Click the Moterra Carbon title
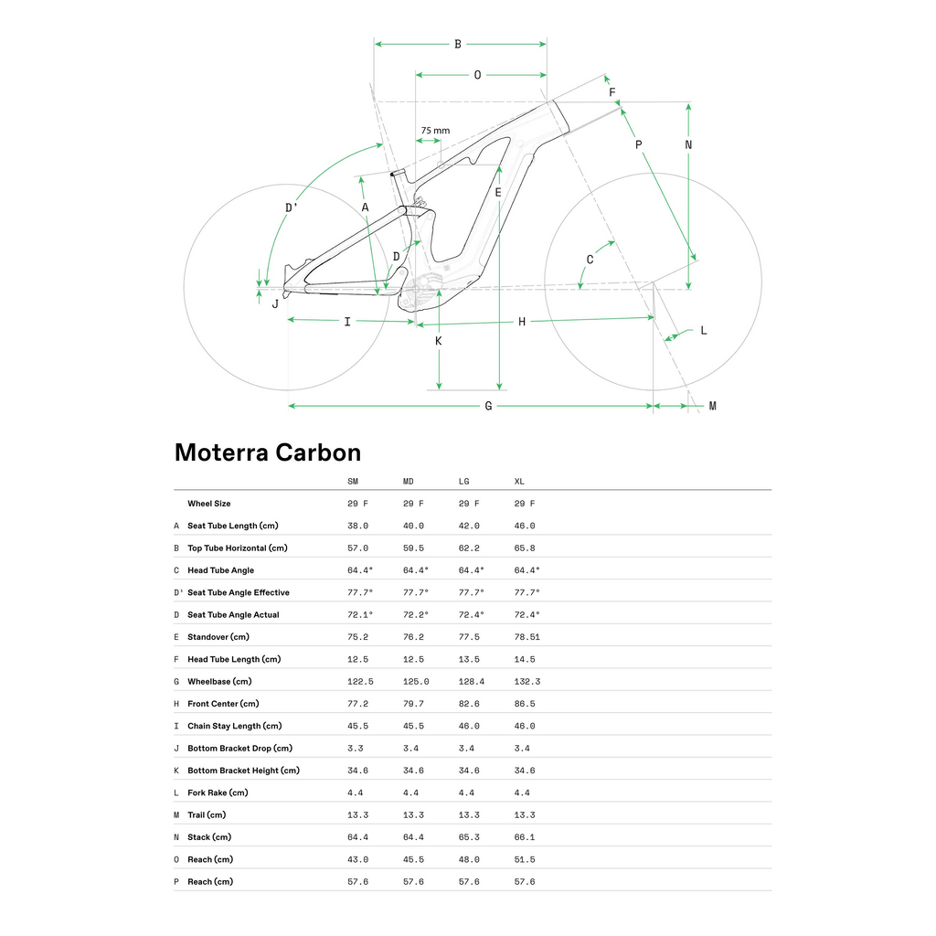click(x=267, y=452)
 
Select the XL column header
click(x=519, y=482)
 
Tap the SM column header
click(x=353, y=482)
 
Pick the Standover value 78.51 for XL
click(x=527, y=637)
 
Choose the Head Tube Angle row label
click(x=220, y=570)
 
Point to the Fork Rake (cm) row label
click(x=218, y=793)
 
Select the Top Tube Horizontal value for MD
click(x=413, y=548)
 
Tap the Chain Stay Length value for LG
click(x=468, y=726)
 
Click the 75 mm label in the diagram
click(x=435, y=131)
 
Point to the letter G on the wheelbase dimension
click(x=488, y=406)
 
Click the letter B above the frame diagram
click(x=458, y=44)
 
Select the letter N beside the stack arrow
click(x=688, y=144)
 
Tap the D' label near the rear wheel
click(x=291, y=207)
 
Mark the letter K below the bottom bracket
click(x=439, y=341)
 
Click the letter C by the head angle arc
click(x=590, y=260)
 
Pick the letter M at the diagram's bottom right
click(x=712, y=406)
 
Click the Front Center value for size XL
click(x=525, y=704)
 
